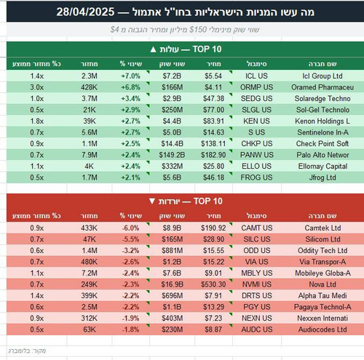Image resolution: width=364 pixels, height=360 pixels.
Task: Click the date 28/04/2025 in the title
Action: (x=85, y=12)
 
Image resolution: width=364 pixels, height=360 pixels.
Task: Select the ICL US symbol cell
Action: (x=256, y=76)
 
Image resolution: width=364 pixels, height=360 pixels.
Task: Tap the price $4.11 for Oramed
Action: (x=213, y=87)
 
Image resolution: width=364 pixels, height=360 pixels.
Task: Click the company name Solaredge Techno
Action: (x=323, y=98)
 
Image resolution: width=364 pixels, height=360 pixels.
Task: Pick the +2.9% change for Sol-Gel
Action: (x=130, y=110)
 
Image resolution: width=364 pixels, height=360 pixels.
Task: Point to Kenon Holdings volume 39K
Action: (x=90, y=121)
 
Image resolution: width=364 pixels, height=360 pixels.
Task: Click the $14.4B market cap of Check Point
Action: (x=172, y=143)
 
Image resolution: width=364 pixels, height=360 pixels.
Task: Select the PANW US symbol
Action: (x=257, y=155)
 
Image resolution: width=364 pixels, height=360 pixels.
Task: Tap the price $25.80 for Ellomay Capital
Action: (x=213, y=166)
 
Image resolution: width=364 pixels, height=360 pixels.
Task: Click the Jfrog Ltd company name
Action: (x=323, y=177)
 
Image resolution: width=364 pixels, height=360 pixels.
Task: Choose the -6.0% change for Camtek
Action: (x=130, y=228)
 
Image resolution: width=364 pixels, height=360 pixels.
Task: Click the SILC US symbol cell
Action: (x=257, y=239)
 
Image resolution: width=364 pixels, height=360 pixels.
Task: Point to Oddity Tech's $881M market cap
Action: (x=173, y=250)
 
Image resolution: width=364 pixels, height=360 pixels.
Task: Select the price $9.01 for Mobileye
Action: (x=213, y=273)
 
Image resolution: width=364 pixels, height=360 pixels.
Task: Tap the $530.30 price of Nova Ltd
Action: (x=213, y=284)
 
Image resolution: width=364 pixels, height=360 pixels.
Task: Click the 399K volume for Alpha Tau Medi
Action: (x=90, y=295)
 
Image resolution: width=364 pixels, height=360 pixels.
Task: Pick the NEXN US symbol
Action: (x=257, y=318)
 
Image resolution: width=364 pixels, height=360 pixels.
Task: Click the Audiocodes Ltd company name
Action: (x=323, y=329)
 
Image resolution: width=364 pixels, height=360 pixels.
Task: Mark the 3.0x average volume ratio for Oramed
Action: (x=37, y=87)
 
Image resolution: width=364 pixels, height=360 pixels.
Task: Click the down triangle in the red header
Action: (x=152, y=201)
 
